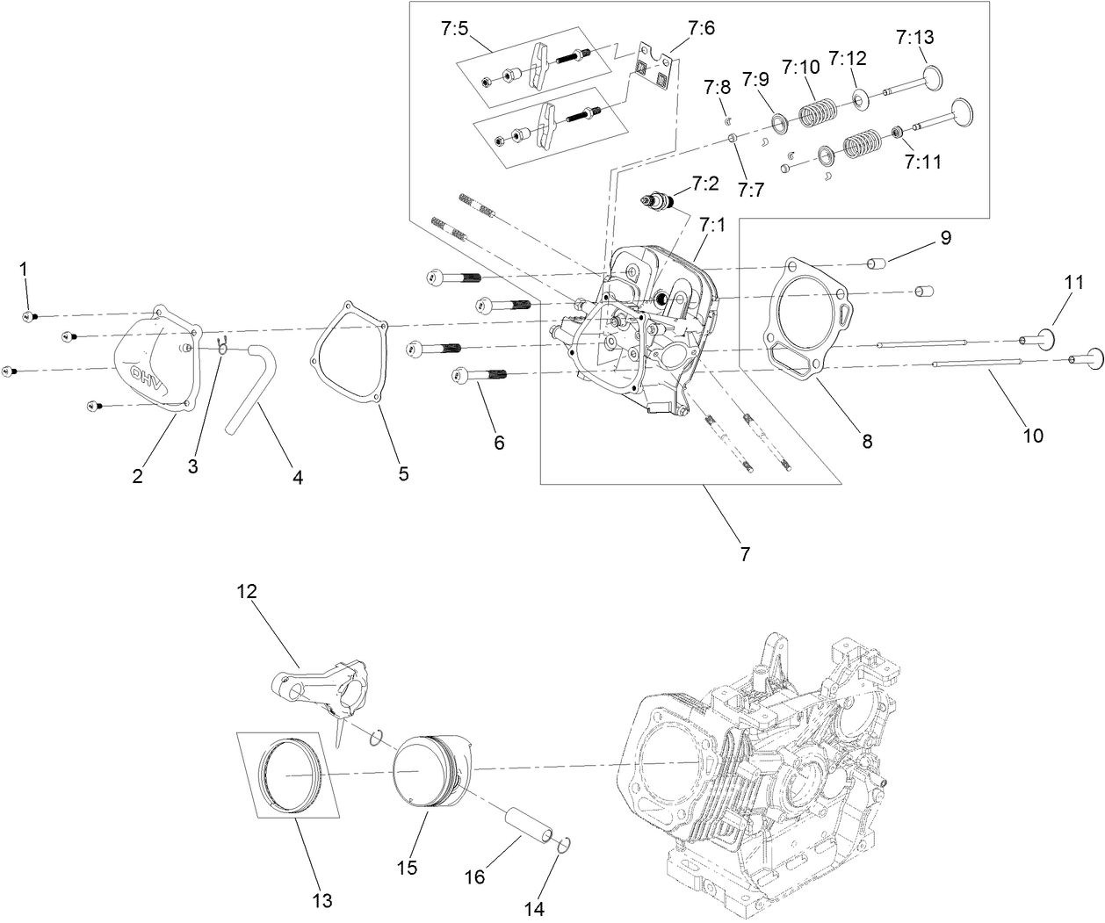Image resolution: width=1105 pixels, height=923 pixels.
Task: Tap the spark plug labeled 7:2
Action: [659, 201]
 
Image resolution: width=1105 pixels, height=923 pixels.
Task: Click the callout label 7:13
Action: [915, 37]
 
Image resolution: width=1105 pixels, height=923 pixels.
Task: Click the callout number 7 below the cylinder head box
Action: [744, 554]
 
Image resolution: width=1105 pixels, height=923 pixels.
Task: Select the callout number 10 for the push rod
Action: [1034, 435]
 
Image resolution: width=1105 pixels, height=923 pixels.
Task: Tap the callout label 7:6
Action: [701, 28]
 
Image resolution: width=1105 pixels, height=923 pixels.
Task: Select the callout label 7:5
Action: [455, 28]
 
